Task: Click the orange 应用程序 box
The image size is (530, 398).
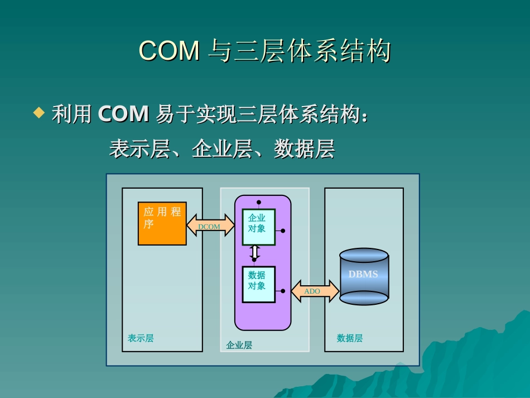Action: [x=162, y=223]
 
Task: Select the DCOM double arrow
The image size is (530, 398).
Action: [x=210, y=226]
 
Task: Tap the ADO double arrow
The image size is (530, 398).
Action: [x=315, y=291]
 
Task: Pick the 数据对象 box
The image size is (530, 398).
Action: [x=258, y=284]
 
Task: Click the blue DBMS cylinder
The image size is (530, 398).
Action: [x=364, y=276]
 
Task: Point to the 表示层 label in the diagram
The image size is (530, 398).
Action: [x=141, y=338]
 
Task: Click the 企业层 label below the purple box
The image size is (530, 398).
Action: [x=239, y=345]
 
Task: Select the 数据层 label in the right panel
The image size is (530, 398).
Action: [x=350, y=338]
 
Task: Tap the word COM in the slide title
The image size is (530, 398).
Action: [x=169, y=51]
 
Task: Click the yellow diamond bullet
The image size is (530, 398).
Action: [x=38, y=113]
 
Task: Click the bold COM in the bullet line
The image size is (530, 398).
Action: [x=123, y=114]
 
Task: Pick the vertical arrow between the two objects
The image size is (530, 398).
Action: [x=255, y=252]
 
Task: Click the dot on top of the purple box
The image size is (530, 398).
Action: [x=259, y=202]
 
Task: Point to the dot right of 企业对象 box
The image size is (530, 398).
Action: [x=283, y=231]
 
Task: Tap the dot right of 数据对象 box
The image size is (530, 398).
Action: [x=283, y=291]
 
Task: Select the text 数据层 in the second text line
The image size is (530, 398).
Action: [x=304, y=149]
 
